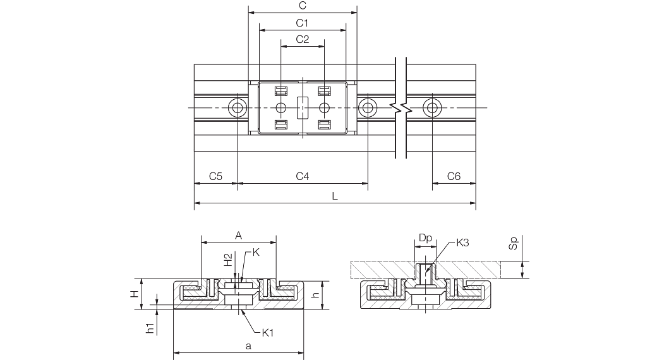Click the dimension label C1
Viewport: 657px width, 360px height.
pyautogui.click(x=302, y=23)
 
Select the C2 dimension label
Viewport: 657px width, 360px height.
pyautogui.click(x=303, y=39)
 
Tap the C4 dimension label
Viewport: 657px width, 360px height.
pyautogui.click(x=303, y=176)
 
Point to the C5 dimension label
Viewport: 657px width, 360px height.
pyautogui.click(x=215, y=176)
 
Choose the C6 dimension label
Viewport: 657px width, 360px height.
pyautogui.click(x=454, y=176)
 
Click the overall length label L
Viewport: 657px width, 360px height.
pyautogui.click(x=335, y=196)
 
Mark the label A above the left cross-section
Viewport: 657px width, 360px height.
pyautogui.click(x=238, y=236)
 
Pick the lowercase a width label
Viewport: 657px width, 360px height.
pyautogui.click(x=248, y=346)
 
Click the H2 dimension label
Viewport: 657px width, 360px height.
pyautogui.click(x=228, y=260)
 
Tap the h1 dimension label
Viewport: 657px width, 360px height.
pyautogui.click(x=150, y=327)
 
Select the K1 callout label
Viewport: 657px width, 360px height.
pyautogui.click(x=268, y=333)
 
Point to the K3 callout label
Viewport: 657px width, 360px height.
pyautogui.click(x=462, y=243)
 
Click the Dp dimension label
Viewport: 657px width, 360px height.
pyautogui.click(x=425, y=239)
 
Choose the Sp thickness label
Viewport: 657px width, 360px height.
pyautogui.click(x=514, y=244)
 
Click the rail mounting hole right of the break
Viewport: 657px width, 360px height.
pyautogui.click(x=432, y=108)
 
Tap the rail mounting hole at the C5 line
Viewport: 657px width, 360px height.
pyautogui.click(x=238, y=108)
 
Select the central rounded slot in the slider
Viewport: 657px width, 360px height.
pyautogui.click(x=302, y=108)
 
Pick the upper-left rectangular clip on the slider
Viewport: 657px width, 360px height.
pyautogui.click(x=280, y=90)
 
